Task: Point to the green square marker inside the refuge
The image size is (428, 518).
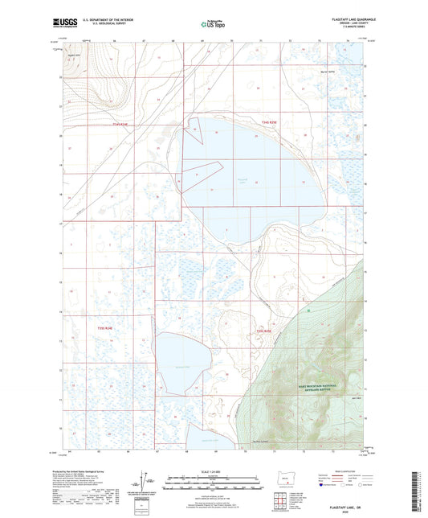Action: click(x=307, y=309)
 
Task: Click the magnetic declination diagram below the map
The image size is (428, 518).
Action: click(x=145, y=485)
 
